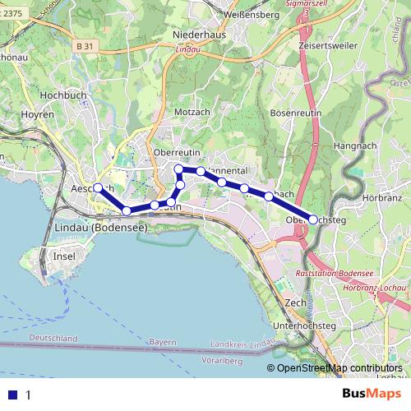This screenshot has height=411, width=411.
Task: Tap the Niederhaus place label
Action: (x=200, y=36)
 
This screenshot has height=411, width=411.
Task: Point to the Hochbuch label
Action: (x=63, y=95)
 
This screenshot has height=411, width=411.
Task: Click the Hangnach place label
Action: (x=355, y=145)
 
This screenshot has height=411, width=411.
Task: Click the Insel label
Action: (x=63, y=256)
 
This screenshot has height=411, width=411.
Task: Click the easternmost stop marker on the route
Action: (x=313, y=219)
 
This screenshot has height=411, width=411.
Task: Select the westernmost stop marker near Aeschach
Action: (x=97, y=187)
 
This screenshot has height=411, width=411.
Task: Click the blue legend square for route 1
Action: (x=12, y=395)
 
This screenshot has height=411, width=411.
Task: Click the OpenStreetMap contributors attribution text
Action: (x=339, y=367)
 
